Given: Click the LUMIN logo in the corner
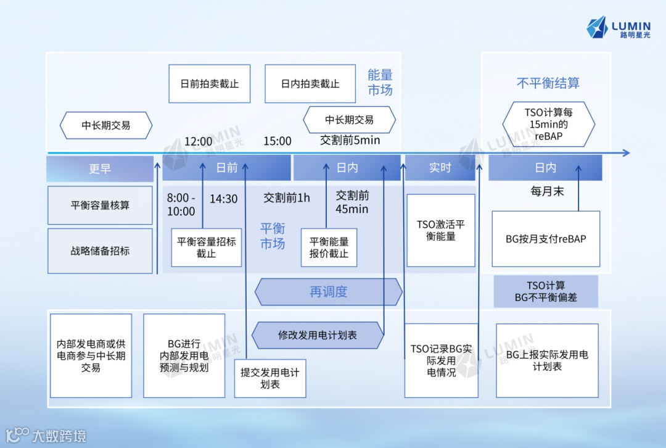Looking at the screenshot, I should [619, 28].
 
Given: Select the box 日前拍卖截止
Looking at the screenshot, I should [209, 83].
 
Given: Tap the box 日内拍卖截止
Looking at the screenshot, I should [310, 83].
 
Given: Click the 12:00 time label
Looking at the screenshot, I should [198, 141].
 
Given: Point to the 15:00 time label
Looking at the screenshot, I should [277, 141].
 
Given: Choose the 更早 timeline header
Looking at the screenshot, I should [99, 168].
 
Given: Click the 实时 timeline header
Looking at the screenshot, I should [440, 168].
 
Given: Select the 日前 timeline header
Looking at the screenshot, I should [226, 168].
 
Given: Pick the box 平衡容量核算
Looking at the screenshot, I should [100, 205].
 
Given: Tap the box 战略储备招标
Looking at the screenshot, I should [100, 251].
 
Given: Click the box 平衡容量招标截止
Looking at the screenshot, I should [206, 247].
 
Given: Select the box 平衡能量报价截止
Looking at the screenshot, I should [329, 247].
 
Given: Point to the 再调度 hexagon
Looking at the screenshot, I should [328, 292].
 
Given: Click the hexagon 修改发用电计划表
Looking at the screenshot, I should [317, 335].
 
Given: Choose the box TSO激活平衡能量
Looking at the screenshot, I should [440, 230].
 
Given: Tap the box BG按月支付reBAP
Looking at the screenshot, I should [546, 239].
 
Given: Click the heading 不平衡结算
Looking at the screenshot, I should [548, 83].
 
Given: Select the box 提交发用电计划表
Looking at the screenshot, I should [270, 378].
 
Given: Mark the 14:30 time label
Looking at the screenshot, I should [223, 199].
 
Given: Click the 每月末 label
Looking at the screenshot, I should [547, 191].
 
